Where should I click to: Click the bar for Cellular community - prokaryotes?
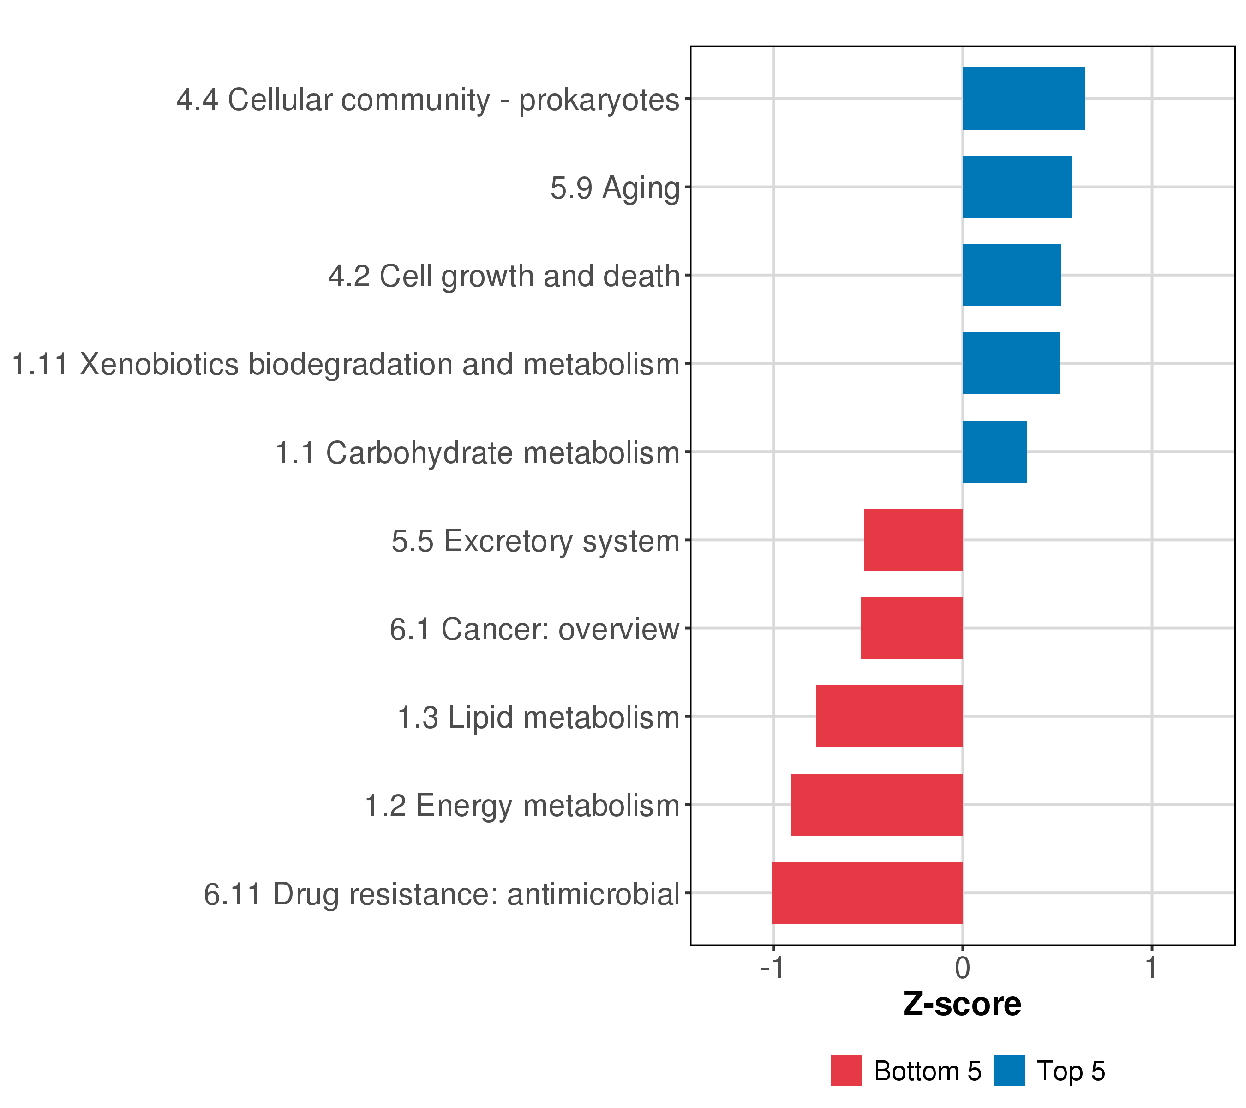(1024, 99)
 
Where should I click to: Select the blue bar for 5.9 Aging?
(1017, 187)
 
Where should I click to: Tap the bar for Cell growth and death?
(1012, 275)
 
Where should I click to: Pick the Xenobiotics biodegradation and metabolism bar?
(1011, 363)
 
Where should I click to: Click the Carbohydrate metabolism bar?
(994, 452)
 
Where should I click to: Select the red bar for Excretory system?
(913, 540)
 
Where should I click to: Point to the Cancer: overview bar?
(912, 628)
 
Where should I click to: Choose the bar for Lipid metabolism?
(889, 717)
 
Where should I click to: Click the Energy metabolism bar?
(877, 805)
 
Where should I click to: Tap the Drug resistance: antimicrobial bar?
(868, 893)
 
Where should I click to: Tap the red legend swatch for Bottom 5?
(847, 1071)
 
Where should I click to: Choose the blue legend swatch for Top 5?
(1009, 1071)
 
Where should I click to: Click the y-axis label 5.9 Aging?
(615, 188)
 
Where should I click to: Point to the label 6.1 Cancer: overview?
(534, 629)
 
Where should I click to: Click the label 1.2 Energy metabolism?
(522, 806)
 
